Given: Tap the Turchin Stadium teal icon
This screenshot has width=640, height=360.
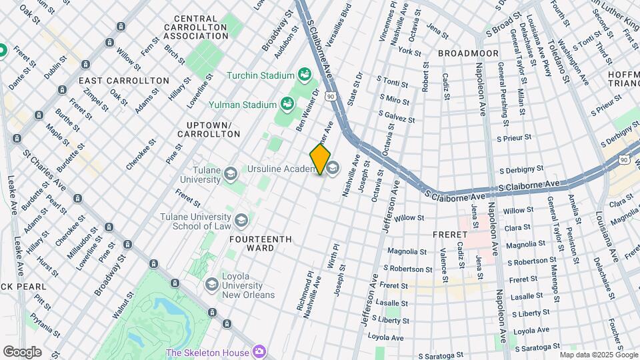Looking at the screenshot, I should (305, 74).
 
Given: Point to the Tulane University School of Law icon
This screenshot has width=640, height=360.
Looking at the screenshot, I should (241, 219).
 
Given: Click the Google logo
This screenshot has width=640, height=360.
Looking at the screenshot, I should (22, 351).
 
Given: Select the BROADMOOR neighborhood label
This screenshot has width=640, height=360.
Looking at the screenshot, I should (465, 52).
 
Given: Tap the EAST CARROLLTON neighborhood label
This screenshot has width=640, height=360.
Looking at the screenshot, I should (123, 80).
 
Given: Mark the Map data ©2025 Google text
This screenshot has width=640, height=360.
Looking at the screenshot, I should (599, 355).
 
